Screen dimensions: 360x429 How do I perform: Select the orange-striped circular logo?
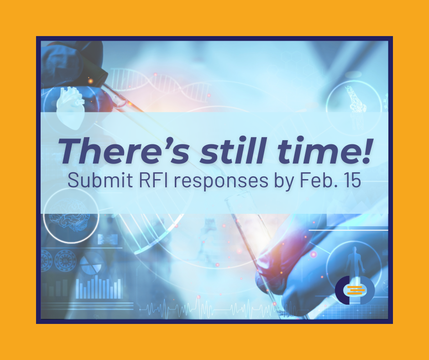[x=355, y=290]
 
